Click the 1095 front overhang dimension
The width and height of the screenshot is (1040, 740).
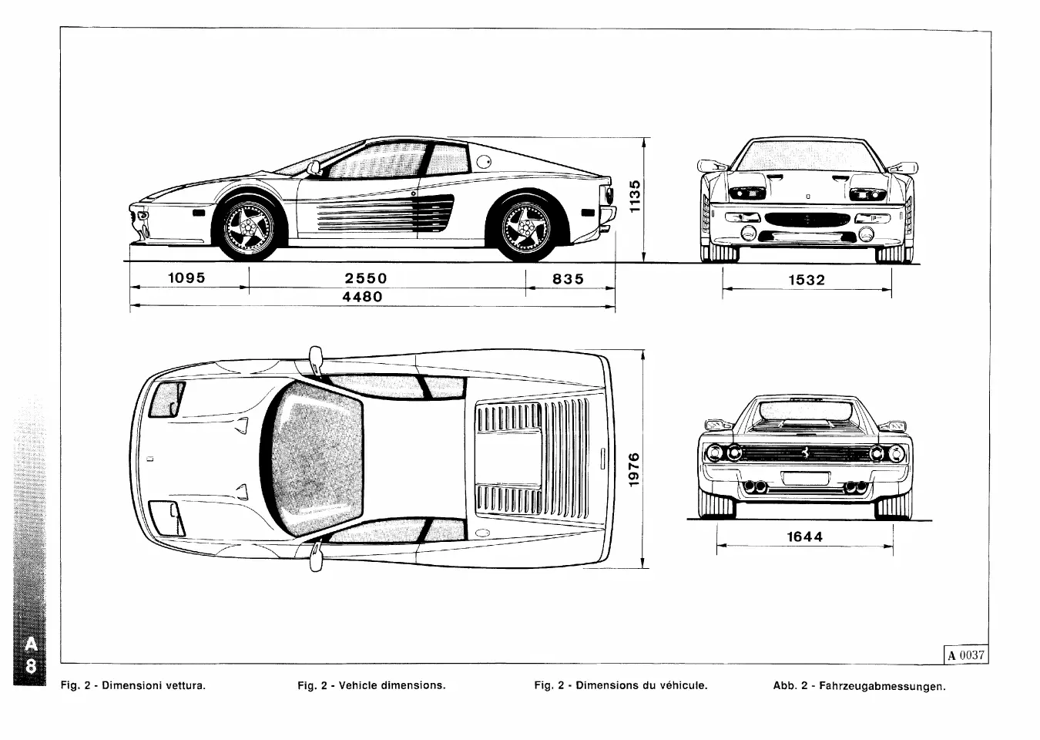pyautogui.click(x=186, y=278)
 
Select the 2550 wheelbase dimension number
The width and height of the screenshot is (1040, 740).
pyautogui.click(x=366, y=278)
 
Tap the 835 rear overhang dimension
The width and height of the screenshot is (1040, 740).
pyautogui.click(x=569, y=279)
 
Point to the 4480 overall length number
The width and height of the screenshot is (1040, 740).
pyautogui.click(x=362, y=297)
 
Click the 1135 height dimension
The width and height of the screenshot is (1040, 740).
pyautogui.click(x=635, y=197)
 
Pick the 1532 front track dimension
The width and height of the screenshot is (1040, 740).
pyautogui.click(x=807, y=281)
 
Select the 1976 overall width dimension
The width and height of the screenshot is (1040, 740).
pyautogui.click(x=634, y=469)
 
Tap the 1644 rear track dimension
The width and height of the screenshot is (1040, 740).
pyautogui.click(x=804, y=536)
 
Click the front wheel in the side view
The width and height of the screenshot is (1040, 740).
pyautogui.click(x=248, y=228)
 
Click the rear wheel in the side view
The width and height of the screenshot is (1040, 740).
pyautogui.click(x=527, y=228)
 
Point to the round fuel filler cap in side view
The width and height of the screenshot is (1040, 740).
pyautogui.click(x=484, y=161)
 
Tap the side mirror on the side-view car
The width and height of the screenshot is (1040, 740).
pyautogui.click(x=314, y=168)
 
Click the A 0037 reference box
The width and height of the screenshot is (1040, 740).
pyautogui.click(x=966, y=655)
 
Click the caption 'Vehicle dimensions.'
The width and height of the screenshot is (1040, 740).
pyautogui.click(x=371, y=684)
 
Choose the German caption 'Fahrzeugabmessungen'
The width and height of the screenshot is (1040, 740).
pyautogui.click(x=859, y=685)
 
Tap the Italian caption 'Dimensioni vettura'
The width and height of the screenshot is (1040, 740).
pyautogui.click(x=133, y=684)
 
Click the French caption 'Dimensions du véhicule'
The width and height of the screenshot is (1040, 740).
pyautogui.click(x=620, y=684)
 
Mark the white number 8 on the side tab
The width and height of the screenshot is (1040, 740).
pyautogui.click(x=30, y=665)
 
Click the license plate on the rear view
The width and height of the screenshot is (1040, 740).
pyautogui.click(x=805, y=478)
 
